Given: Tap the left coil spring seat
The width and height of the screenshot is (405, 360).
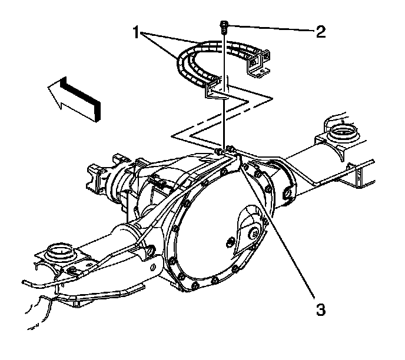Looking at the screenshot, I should (58, 252).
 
